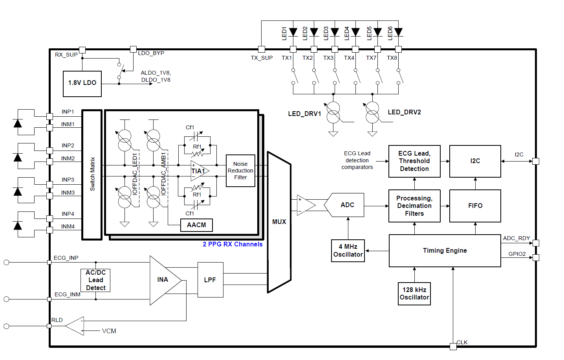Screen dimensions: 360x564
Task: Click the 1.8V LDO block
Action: pyautogui.click(x=82, y=84)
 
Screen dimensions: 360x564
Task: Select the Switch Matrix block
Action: pyautogui.click(x=92, y=174)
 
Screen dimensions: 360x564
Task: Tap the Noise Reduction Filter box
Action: pyautogui.click(x=240, y=171)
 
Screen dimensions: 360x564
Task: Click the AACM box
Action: pyautogui.click(x=196, y=225)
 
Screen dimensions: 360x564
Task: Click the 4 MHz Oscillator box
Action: pyautogui.click(x=348, y=251)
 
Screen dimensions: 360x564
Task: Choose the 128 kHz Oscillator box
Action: pyautogui.click(x=414, y=294)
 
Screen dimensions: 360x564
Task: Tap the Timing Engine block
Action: pyautogui.click(x=445, y=251)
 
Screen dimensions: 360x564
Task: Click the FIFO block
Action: pyautogui.click(x=475, y=206)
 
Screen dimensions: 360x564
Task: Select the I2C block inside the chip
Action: pyautogui.click(x=475, y=161)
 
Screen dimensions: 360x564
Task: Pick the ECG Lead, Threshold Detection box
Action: pyautogui.click(x=414, y=161)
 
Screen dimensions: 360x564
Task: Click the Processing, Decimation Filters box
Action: pyautogui.click(x=414, y=206)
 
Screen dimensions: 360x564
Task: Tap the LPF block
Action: pyautogui.click(x=210, y=280)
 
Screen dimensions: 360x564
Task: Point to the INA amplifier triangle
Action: pyautogui.click(x=164, y=280)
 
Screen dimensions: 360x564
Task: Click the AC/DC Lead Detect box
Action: pyautogui.click(x=96, y=280)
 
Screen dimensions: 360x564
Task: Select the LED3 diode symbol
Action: pyautogui.click(x=335, y=32)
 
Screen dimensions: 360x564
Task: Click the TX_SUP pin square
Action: pyautogui.click(x=261, y=49)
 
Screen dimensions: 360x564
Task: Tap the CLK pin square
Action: pyautogui.click(x=453, y=346)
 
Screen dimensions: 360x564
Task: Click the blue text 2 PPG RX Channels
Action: pyautogui.click(x=233, y=244)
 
